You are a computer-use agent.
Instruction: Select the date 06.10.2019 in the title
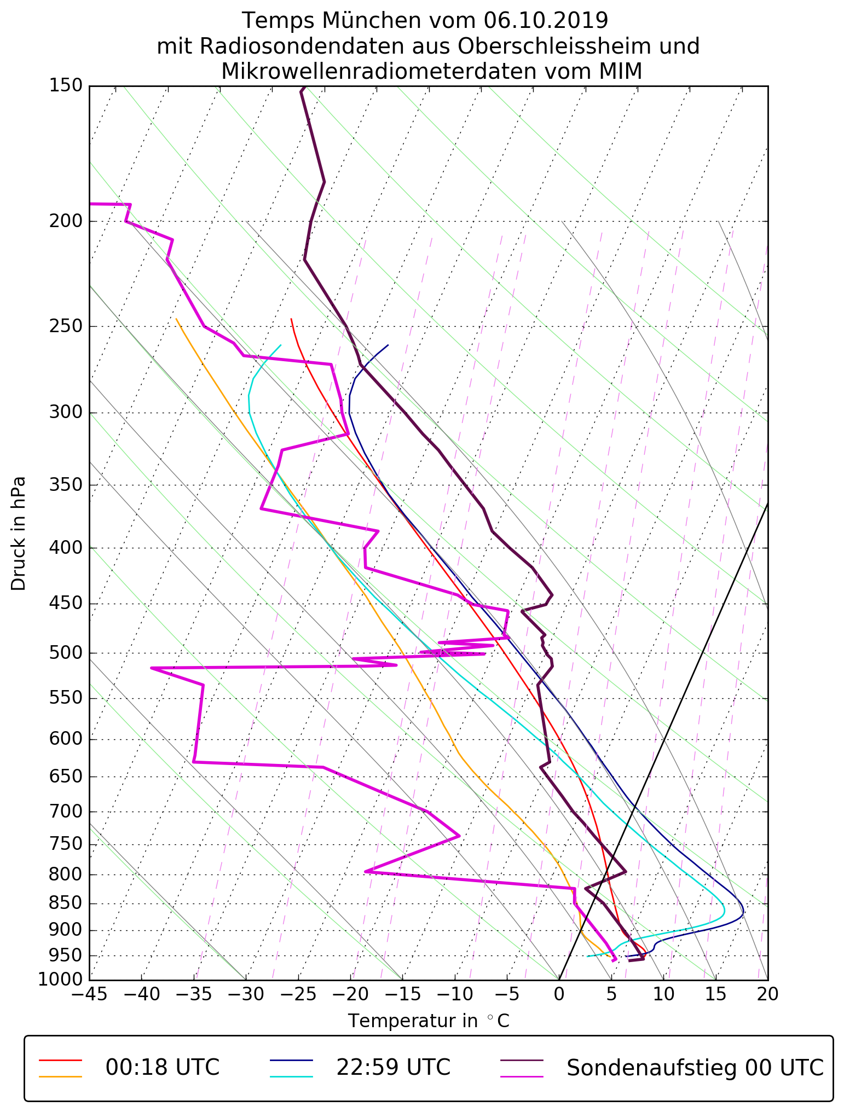pyautogui.click(x=546, y=21)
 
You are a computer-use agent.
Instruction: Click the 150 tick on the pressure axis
pyautogui.click(x=66, y=86)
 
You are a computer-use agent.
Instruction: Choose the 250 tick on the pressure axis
pyautogui.click(x=66, y=327)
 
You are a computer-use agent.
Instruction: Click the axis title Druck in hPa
pyautogui.click(x=19, y=534)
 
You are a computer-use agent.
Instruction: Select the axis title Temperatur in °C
pyautogui.click(x=429, y=1021)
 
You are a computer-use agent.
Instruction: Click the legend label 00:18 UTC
pyautogui.click(x=163, y=1068)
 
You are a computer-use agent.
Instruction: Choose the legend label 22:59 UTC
pyautogui.click(x=393, y=1068)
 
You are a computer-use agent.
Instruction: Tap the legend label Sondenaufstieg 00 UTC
pyautogui.click(x=695, y=1068)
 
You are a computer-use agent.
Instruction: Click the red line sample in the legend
pyautogui.click(x=60, y=1059)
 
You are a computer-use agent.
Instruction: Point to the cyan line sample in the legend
pyautogui.click(x=291, y=1076)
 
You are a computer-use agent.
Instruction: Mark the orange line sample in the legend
pyautogui.click(x=60, y=1076)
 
